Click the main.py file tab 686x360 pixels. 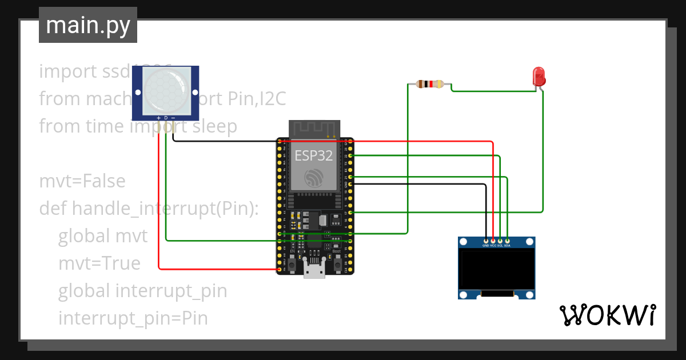click(87, 25)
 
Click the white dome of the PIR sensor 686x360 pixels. click(165, 90)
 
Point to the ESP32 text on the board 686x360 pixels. click(314, 155)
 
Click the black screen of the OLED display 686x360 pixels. click(497, 269)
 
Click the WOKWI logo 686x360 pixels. click(607, 315)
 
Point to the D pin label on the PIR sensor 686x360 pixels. click(166, 118)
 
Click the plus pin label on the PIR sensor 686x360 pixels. click(158, 118)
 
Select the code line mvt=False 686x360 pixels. click(82, 181)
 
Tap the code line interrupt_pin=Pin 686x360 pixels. click(133, 318)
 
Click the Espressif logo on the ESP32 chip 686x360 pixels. click(314, 178)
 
